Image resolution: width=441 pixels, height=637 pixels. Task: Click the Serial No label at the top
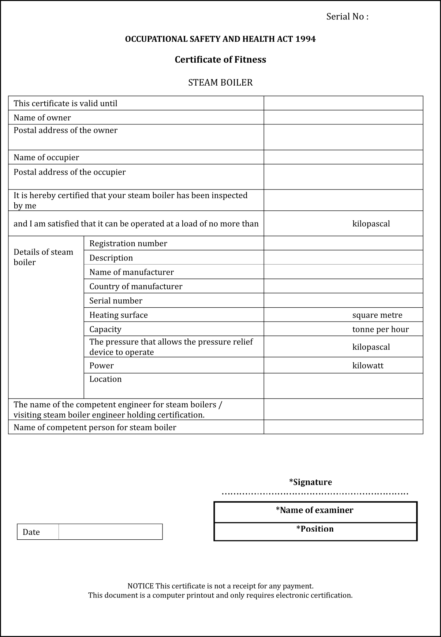[x=347, y=17]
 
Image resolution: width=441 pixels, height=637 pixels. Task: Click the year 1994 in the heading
[x=305, y=39]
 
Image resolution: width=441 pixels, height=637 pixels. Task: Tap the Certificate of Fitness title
[x=220, y=60]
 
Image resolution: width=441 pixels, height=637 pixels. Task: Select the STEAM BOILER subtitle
[x=220, y=83]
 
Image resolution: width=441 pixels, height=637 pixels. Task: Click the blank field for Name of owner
[x=343, y=117]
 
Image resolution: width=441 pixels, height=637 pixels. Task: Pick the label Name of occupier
[x=46, y=157]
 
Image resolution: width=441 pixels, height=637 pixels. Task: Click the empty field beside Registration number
[x=343, y=243]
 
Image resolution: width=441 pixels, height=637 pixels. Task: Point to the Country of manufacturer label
[x=136, y=286]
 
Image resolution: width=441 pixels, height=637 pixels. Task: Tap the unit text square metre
[x=377, y=315]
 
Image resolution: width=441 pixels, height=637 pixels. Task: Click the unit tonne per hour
[x=380, y=329]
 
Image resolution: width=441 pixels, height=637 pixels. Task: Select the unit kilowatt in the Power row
[x=368, y=366]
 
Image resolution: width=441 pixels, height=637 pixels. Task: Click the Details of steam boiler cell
[x=43, y=257]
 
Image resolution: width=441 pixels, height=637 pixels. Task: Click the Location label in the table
[x=105, y=379]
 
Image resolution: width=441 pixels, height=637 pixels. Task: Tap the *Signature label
[x=310, y=482]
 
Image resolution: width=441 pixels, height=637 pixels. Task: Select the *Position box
[x=315, y=531]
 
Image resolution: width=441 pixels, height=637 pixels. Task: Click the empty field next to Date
[x=110, y=532]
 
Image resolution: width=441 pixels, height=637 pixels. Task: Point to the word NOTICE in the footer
[x=141, y=586]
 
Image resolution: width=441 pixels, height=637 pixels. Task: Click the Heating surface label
[x=119, y=315]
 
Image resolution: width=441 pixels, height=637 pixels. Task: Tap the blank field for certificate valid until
[x=343, y=103]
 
